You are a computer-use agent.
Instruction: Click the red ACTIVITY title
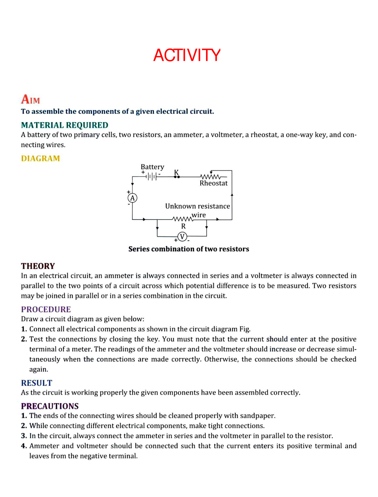[187, 56]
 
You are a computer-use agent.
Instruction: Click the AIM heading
[31, 99]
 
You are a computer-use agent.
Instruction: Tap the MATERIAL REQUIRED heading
[65, 125]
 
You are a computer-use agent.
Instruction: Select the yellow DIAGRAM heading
[40, 158]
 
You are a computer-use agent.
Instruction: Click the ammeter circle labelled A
[132, 198]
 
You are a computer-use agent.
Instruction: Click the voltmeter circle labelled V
[182, 237]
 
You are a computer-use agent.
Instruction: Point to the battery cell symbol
[152, 176]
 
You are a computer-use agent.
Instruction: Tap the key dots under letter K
[177, 177]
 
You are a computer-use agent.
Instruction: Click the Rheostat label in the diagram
[213, 183]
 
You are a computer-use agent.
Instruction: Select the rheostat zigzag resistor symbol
[211, 176]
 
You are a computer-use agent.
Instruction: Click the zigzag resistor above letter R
[182, 219]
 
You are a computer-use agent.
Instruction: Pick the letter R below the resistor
[183, 226]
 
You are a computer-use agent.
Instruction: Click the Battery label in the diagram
[152, 167]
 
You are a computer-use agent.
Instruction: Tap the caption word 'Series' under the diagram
[139, 249]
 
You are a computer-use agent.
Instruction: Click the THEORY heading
[38, 266]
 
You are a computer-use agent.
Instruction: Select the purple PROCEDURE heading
[46, 309]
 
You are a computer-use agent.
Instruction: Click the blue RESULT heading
[37, 383]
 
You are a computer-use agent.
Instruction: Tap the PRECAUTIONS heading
[50, 406]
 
